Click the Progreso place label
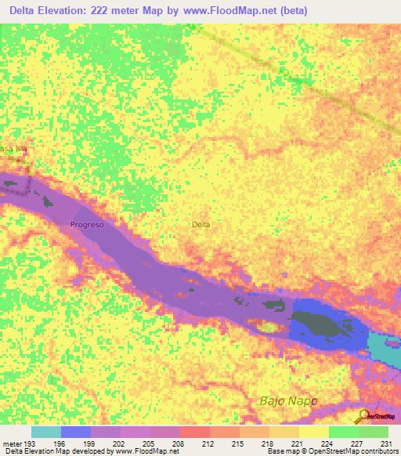point(87,225)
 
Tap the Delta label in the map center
point(201,225)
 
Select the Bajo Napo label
point(287,401)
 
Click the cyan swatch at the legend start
point(46,432)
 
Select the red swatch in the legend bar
point(195,432)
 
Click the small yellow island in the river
point(269,327)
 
